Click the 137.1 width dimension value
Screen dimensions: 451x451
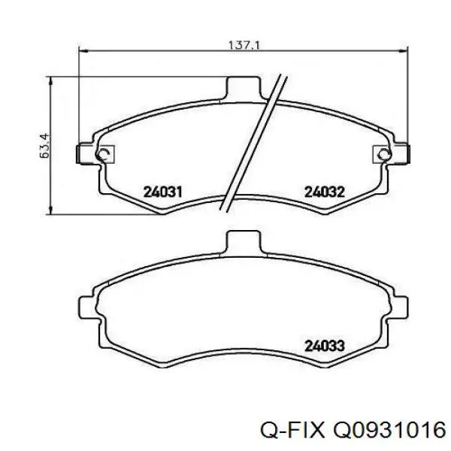(x=244, y=45)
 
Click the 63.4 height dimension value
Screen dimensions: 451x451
(x=44, y=146)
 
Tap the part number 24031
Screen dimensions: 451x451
(x=163, y=192)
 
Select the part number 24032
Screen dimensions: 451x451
(x=325, y=192)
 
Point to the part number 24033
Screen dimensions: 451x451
(x=325, y=346)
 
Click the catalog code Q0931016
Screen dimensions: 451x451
(x=389, y=431)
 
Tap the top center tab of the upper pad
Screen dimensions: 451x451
(x=243, y=88)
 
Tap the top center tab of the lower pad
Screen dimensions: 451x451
(x=243, y=242)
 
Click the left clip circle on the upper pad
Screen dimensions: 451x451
(x=103, y=155)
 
